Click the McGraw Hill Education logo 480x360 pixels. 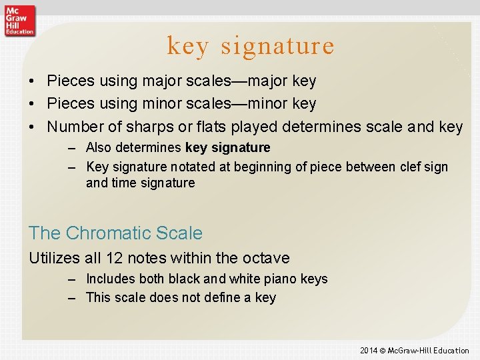19,19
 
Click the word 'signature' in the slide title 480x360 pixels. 277,46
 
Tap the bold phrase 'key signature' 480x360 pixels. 227,147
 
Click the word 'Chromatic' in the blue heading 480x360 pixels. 108,233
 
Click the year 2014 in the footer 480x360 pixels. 369,351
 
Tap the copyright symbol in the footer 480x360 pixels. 383,351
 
